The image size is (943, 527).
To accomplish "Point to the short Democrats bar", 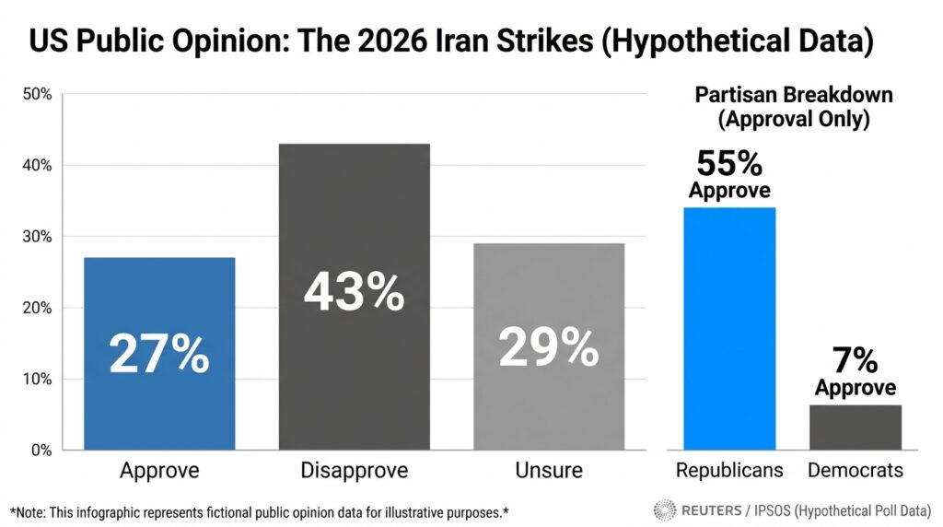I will pyautogui.click(x=856, y=427).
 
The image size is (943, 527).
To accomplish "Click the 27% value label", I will pyautogui.click(x=159, y=355).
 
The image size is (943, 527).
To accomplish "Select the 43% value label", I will pyautogui.click(x=354, y=292).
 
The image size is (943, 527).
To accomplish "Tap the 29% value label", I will pyautogui.click(x=549, y=348).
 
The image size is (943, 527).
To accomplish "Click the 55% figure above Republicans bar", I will pyautogui.click(x=729, y=164).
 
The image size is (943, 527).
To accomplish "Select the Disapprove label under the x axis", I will pyautogui.click(x=354, y=471).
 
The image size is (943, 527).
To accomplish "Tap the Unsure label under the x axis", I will pyautogui.click(x=549, y=471).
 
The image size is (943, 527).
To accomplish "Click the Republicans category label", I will pyautogui.click(x=729, y=471).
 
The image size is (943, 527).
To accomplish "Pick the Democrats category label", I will pyautogui.click(x=856, y=471).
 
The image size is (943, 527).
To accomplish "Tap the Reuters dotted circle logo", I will pyautogui.click(x=664, y=509).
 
